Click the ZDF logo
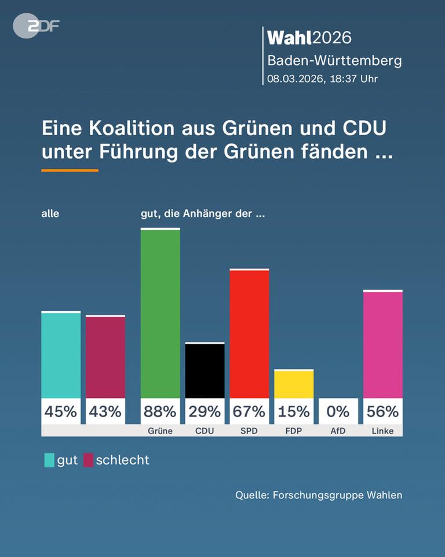point(36,26)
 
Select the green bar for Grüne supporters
point(160,313)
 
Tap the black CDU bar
point(205,370)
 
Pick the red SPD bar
point(249,334)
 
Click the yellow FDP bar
point(294,384)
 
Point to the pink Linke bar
point(382,344)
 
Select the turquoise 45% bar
point(61,355)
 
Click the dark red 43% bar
point(105,357)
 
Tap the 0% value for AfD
point(338,411)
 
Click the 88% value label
point(160,411)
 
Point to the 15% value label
point(294,411)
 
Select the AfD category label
point(338,431)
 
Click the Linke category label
point(382,431)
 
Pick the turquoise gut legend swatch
point(49,460)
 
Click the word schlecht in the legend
point(122,460)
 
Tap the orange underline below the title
point(70,171)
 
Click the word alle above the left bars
point(50,214)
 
